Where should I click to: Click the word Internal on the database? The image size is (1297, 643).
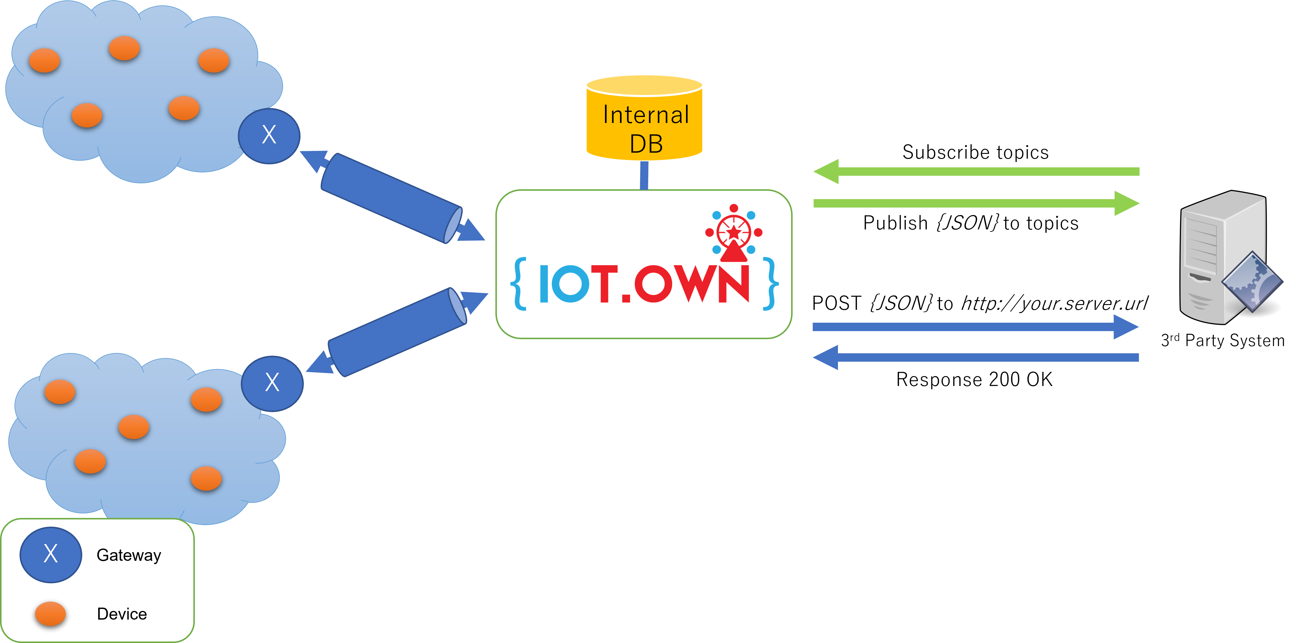(646, 115)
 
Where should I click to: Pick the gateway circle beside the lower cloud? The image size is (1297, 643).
(272, 383)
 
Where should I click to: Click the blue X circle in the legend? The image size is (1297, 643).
(50, 555)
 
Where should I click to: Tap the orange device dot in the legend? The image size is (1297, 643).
(50, 614)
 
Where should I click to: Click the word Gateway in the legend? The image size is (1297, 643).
(129, 555)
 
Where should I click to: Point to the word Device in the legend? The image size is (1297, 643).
(122, 614)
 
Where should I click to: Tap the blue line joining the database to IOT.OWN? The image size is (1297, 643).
(644, 175)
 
